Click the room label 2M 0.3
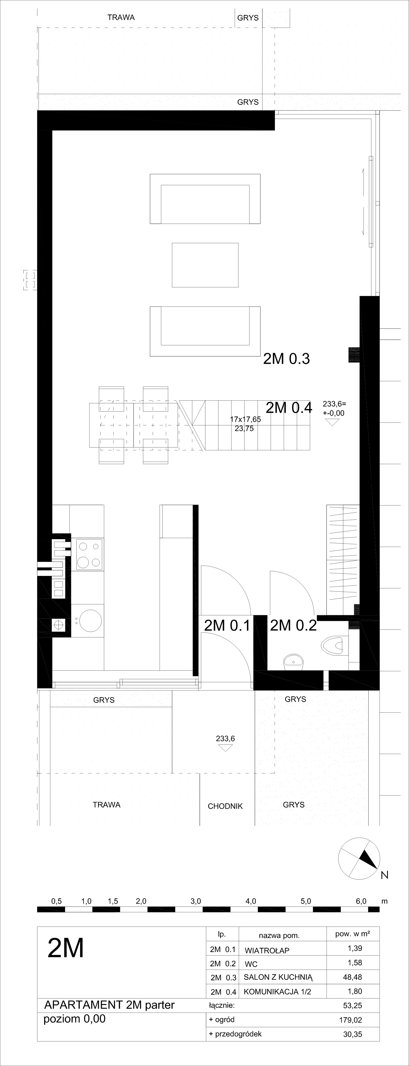pyautogui.click(x=287, y=359)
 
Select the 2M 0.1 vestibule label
pyautogui.click(x=227, y=625)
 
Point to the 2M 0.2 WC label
pyautogui.click(x=293, y=625)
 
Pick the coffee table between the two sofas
pyautogui.click(x=205, y=265)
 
